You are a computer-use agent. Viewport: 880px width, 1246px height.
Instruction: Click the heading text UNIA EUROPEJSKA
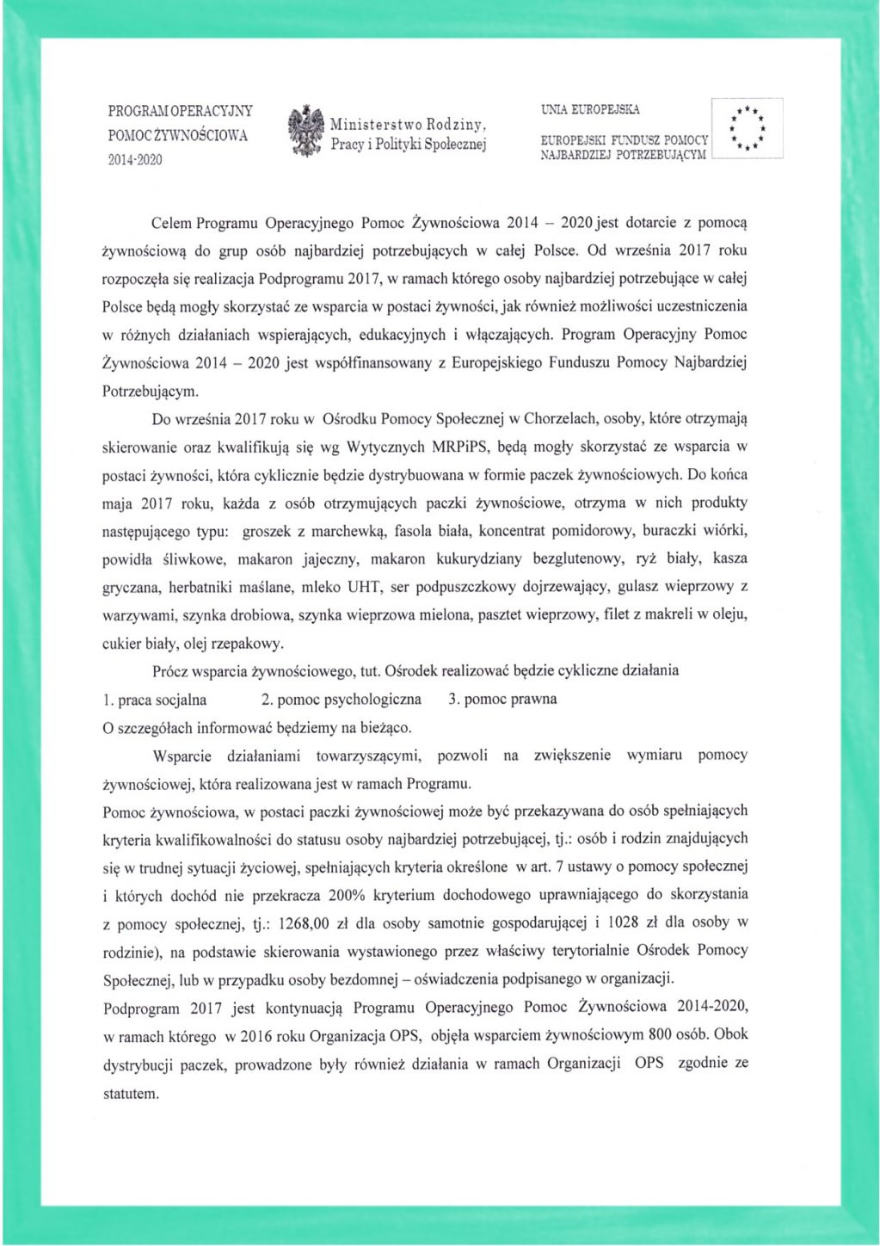coord(590,110)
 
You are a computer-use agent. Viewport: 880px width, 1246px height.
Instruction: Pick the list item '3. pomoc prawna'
coord(502,699)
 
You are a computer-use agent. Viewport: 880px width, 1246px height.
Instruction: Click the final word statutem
coord(131,1093)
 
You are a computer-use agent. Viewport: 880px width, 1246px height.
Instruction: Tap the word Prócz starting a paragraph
coord(169,670)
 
